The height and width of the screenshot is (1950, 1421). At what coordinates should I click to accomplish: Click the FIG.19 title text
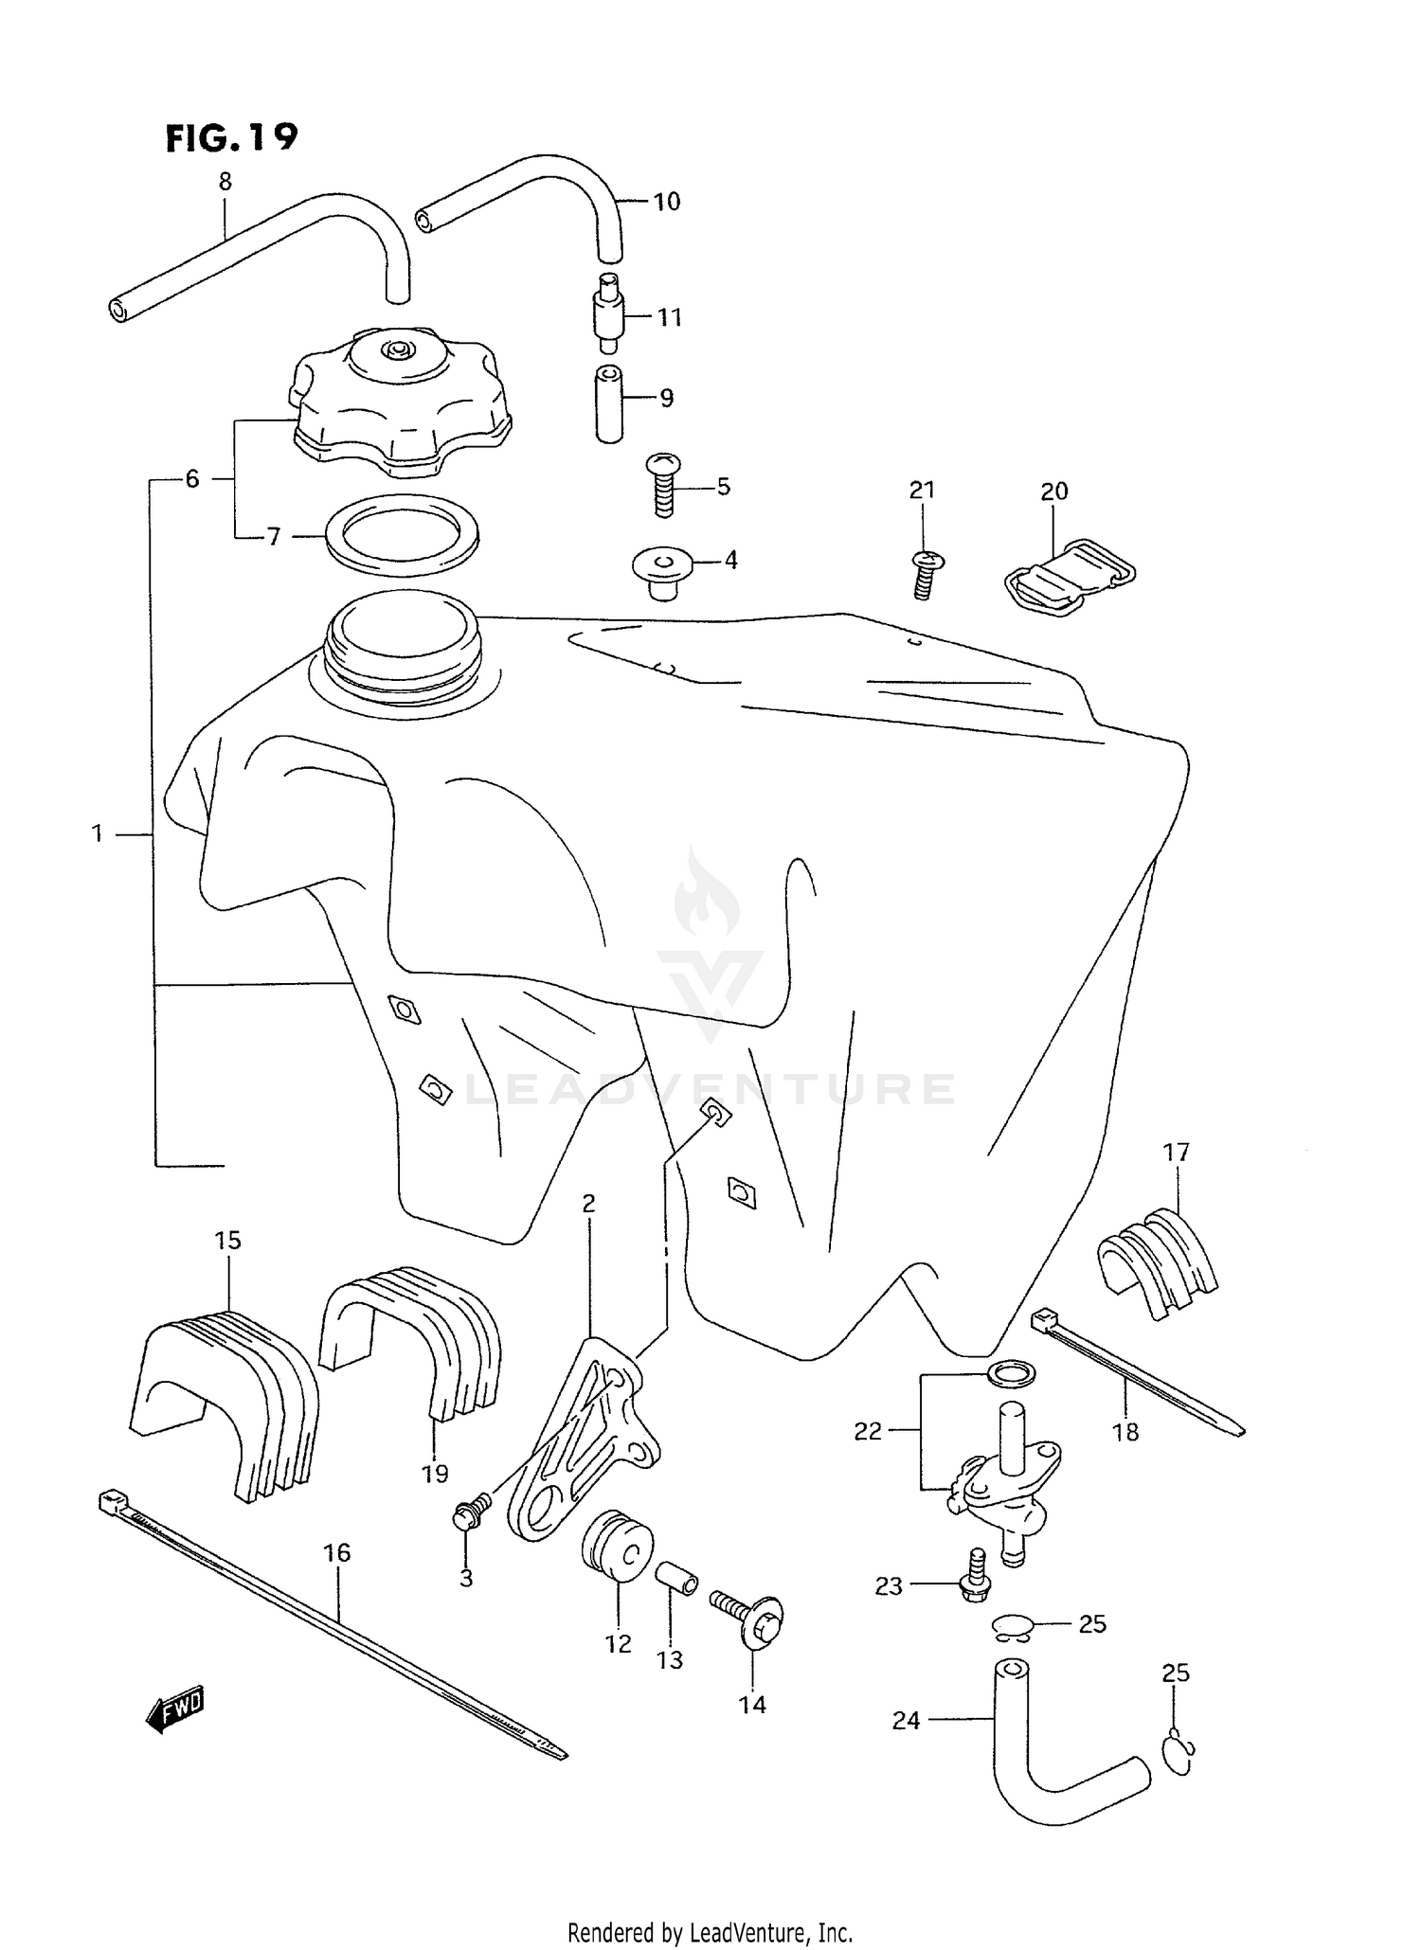click(x=231, y=138)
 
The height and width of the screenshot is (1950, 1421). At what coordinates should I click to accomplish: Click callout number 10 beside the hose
click(x=666, y=201)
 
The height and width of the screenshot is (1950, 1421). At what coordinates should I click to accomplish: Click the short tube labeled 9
click(x=609, y=403)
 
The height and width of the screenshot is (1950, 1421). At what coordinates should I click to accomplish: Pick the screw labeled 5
click(x=663, y=485)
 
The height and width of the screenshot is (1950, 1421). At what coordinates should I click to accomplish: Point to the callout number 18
click(x=1125, y=1433)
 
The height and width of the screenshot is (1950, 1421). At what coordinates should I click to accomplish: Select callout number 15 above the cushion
click(x=227, y=1240)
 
